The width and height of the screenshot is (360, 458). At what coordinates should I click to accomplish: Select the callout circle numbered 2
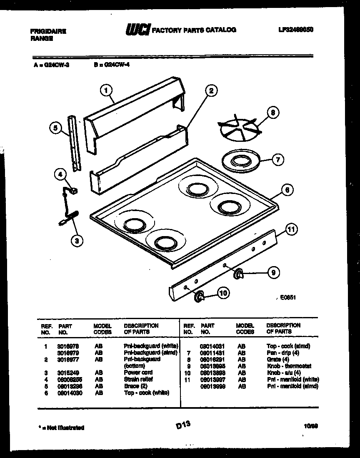[211, 90]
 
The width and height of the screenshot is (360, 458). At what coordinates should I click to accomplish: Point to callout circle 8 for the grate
[272, 113]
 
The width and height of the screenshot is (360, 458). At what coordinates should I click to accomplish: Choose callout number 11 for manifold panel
[292, 229]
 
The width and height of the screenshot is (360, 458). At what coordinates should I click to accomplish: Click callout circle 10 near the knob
[223, 293]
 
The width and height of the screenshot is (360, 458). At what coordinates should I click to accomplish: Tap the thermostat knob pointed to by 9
[239, 274]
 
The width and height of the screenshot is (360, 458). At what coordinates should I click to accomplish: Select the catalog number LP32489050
[295, 30]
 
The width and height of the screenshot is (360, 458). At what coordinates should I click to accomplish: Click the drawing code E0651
[288, 298]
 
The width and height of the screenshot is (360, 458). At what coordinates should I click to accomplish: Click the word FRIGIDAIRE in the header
[48, 31]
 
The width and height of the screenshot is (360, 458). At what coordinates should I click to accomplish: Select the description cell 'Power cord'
[138, 372]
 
